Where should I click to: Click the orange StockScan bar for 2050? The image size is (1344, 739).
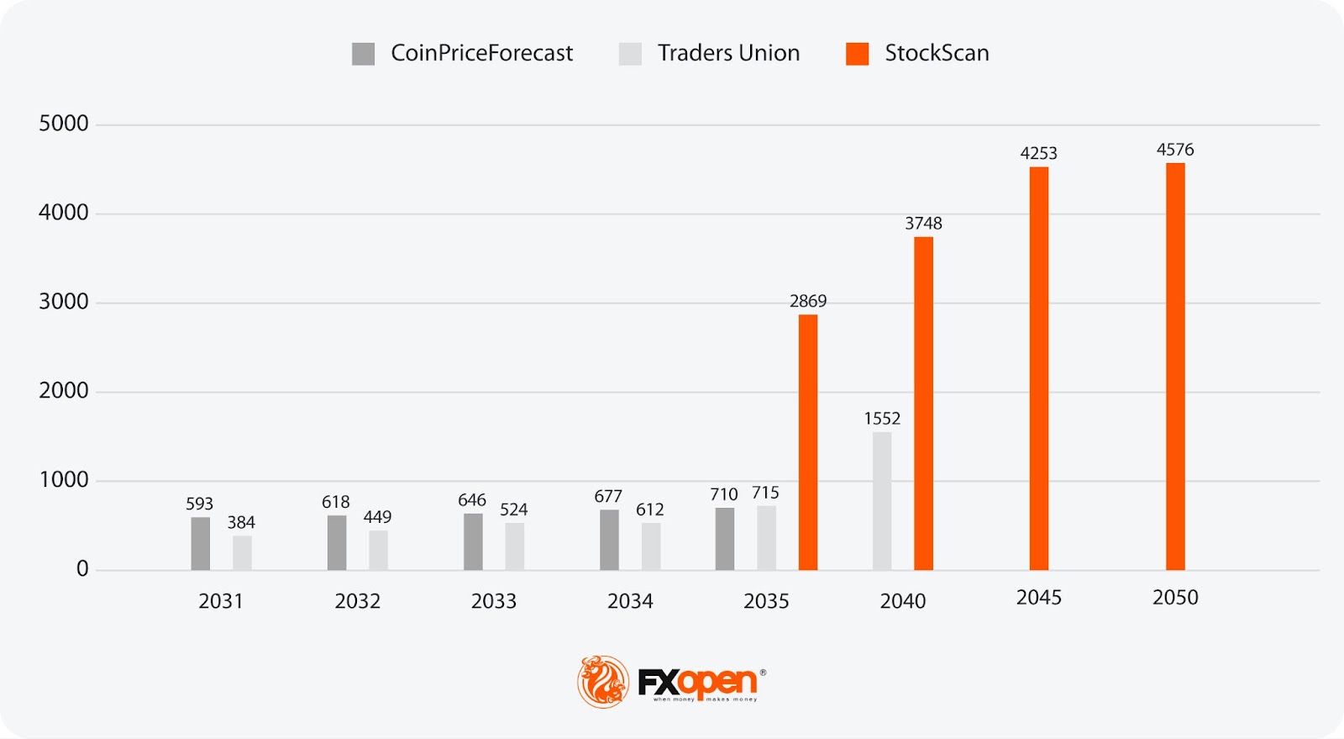click(1175, 367)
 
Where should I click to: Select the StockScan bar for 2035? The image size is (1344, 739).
click(808, 442)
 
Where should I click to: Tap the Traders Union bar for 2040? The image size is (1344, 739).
click(882, 501)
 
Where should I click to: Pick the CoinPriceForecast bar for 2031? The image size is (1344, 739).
click(201, 543)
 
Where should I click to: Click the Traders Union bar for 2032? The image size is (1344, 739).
click(378, 550)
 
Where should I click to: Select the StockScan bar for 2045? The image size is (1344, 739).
click(1039, 368)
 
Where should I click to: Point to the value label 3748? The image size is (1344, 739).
click(923, 224)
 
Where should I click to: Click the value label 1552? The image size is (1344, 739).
click(882, 419)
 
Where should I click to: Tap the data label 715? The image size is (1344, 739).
click(765, 493)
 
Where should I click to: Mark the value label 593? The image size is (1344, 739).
click(199, 504)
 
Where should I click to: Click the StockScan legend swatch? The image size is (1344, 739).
click(857, 54)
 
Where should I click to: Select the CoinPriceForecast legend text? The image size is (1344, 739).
click(481, 53)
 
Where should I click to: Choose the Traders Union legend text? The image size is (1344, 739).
click(728, 53)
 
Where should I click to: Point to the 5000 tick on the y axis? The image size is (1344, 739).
click(64, 124)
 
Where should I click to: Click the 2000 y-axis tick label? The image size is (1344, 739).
click(64, 391)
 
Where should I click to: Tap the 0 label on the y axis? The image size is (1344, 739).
click(82, 569)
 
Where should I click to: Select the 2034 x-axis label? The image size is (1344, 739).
click(630, 601)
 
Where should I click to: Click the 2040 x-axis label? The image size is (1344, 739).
click(903, 601)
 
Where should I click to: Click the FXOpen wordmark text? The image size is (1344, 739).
click(698, 682)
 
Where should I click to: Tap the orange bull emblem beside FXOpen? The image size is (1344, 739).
click(603, 682)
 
